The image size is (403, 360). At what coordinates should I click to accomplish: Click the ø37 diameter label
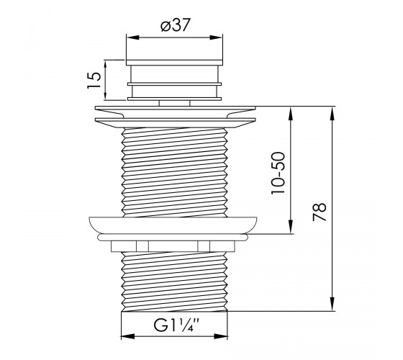[x=176, y=25]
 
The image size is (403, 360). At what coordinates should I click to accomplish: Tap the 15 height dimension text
[x=94, y=80]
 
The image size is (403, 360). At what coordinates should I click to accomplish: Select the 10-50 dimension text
[x=278, y=173]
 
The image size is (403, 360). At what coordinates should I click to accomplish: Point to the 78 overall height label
[x=320, y=212]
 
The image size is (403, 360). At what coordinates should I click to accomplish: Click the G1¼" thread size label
[x=176, y=325]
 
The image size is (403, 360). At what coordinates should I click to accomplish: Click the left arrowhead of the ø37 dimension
[x=133, y=37]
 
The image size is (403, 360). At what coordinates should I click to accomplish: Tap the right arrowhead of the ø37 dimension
[x=216, y=37]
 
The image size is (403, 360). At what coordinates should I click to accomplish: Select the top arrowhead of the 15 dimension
[x=105, y=66]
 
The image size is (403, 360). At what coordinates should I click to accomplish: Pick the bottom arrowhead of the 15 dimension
[x=105, y=94]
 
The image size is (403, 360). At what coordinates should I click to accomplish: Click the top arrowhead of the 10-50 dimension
[x=291, y=114]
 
